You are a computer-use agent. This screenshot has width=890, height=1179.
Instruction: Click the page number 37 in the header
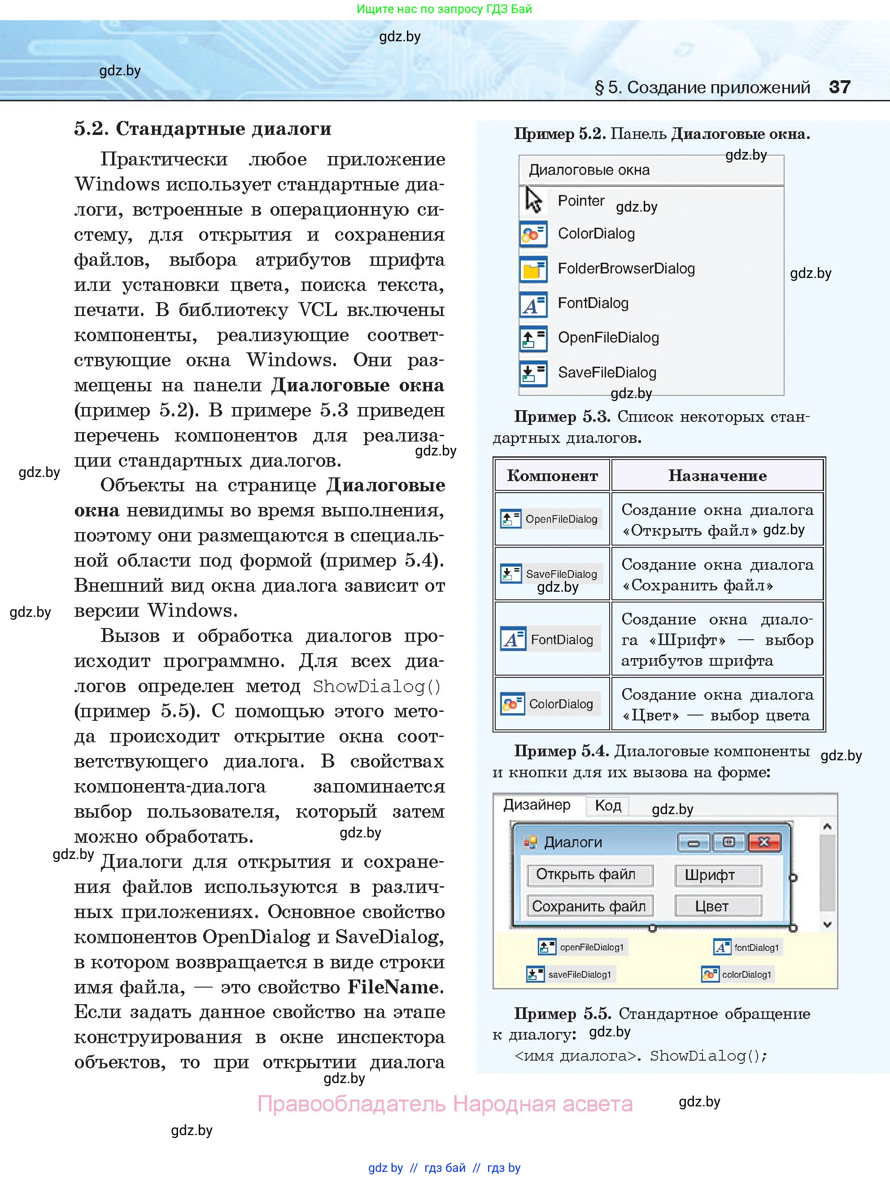pyautogui.click(x=839, y=87)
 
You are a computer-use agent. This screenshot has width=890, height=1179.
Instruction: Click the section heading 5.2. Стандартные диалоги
pyautogui.click(x=203, y=129)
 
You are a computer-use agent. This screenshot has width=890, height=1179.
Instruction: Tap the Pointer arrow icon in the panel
pyautogui.click(x=533, y=200)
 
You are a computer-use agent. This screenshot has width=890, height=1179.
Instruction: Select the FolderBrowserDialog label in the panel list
pyautogui.click(x=626, y=268)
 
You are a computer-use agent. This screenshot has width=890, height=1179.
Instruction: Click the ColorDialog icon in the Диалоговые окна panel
pyautogui.click(x=533, y=234)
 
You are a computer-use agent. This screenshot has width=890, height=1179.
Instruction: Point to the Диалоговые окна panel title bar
pyautogui.click(x=650, y=170)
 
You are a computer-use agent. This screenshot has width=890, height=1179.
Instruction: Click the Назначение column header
pyautogui.click(x=717, y=476)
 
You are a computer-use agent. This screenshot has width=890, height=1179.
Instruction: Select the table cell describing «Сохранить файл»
pyautogui.click(x=717, y=575)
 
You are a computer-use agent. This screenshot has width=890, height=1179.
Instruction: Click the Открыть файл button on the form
pyautogui.click(x=590, y=875)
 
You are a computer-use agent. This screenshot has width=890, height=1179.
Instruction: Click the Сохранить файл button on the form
pyautogui.click(x=590, y=906)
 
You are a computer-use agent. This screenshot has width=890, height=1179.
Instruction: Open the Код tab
pyautogui.click(x=608, y=806)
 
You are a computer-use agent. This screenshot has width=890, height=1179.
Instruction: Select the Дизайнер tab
pyautogui.click(x=537, y=805)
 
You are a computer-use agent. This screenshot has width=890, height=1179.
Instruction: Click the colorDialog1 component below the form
pyautogui.click(x=737, y=974)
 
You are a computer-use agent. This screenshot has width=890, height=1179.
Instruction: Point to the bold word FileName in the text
pyautogui.click(x=395, y=987)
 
